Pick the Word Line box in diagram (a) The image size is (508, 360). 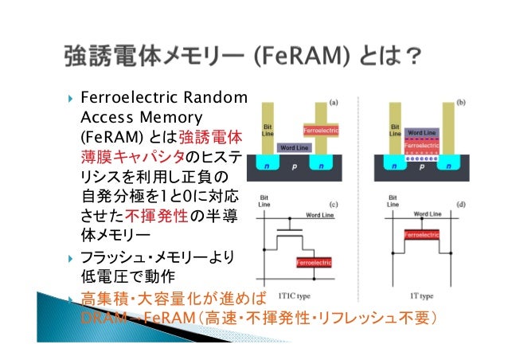297,148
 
